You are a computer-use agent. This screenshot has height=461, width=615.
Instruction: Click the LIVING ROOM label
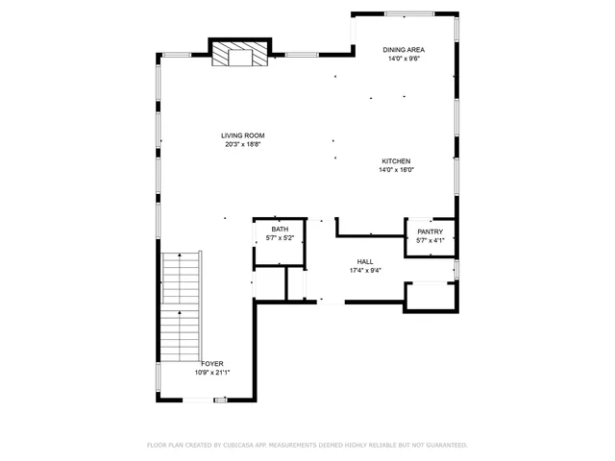coord(244,135)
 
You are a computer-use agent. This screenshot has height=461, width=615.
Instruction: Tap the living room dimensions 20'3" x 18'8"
coord(244,145)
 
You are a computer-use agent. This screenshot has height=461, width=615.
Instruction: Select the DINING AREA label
coord(404,49)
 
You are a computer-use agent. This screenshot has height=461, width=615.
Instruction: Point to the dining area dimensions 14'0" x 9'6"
coord(404,59)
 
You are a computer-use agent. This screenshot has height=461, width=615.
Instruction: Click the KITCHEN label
coord(396,160)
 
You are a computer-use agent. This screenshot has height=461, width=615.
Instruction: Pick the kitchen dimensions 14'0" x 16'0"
coord(396,170)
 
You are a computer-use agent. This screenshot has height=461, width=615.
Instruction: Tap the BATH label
coord(280,229)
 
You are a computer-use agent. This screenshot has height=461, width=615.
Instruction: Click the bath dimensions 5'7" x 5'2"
coord(280,237)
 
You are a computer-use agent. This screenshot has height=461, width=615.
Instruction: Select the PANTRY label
coord(430,231)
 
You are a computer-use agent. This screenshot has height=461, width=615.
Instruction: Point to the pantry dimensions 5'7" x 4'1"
coord(430,240)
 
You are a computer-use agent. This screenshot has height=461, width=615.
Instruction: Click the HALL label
coord(365,261)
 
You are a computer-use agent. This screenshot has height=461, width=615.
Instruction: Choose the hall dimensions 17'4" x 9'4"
coord(365,271)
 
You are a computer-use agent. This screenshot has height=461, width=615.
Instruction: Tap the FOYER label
coord(212,363)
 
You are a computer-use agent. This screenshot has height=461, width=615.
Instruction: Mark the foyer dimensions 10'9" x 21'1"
coord(212,373)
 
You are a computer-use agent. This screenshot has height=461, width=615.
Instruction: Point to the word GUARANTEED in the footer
coord(445,446)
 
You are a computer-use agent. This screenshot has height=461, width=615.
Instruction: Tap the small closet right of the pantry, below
coord(430,296)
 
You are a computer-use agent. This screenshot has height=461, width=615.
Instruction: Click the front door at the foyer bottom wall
coord(220,399)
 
